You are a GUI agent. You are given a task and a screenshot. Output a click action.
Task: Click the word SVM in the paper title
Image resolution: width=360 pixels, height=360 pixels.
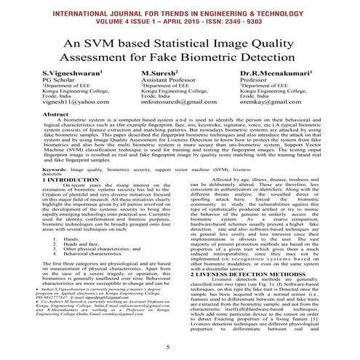click(x=119, y=46)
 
